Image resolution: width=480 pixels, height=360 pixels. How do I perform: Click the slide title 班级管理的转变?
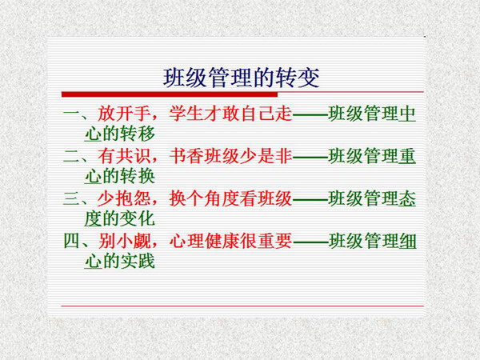tap(242, 78)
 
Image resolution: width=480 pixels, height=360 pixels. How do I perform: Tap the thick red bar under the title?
tap(170, 94)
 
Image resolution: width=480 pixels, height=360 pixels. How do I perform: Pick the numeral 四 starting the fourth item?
tap(72, 241)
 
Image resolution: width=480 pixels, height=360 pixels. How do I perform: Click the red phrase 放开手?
tap(124, 114)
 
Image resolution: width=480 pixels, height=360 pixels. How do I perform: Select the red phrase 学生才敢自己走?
tap(231, 114)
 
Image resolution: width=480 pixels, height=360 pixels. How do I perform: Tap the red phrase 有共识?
tap(124, 156)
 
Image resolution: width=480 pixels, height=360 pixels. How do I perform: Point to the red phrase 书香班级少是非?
tap(231, 156)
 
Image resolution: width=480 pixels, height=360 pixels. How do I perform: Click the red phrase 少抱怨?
tap(124, 198)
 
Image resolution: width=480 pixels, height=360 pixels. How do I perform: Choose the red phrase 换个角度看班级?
tap(231, 198)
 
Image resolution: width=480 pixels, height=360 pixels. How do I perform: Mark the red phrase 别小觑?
tap(124, 241)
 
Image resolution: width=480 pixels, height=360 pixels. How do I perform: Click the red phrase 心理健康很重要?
tap(231, 241)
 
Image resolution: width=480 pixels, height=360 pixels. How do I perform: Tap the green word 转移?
tap(138, 134)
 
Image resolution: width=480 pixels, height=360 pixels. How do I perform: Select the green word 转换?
tap(138, 176)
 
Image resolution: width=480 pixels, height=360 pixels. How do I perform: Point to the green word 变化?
tap(138, 219)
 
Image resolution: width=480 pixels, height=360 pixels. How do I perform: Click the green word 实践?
tap(138, 262)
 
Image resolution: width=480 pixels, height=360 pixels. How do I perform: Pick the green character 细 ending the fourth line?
tap(407, 241)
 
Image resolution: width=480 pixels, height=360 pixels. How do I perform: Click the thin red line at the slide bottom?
tap(242, 306)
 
